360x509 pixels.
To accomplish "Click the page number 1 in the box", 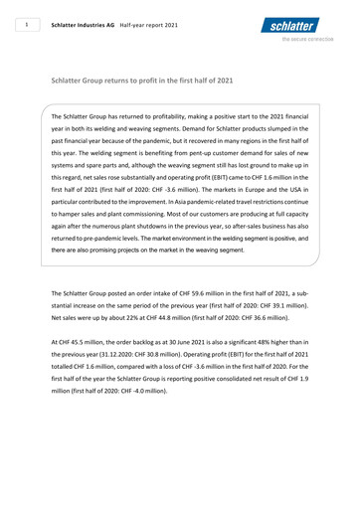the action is [x=31, y=20].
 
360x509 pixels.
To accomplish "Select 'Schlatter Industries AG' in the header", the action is [x=102, y=20].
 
